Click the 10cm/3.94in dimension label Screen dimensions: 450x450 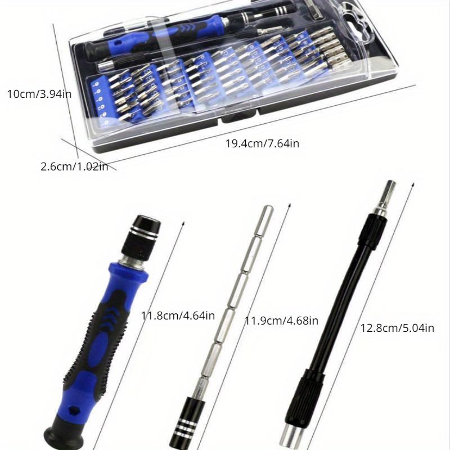pyautogui.click(x=39, y=94)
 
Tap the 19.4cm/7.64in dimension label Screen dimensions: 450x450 pyautogui.click(x=262, y=143)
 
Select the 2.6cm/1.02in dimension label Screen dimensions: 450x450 pyautogui.click(x=74, y=166)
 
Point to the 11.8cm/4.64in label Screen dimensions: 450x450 pyautogui.click(x=178, y=316)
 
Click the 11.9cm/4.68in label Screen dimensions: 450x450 pyautogui.click(x=281, y=320)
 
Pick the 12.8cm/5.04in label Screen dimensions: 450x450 pyautogui.click(x=397, y=328)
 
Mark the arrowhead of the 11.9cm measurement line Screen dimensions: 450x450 pyautogui.click(x=290, y=206)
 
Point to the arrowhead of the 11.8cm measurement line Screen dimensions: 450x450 pyautogui.click(x=183, y=224)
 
